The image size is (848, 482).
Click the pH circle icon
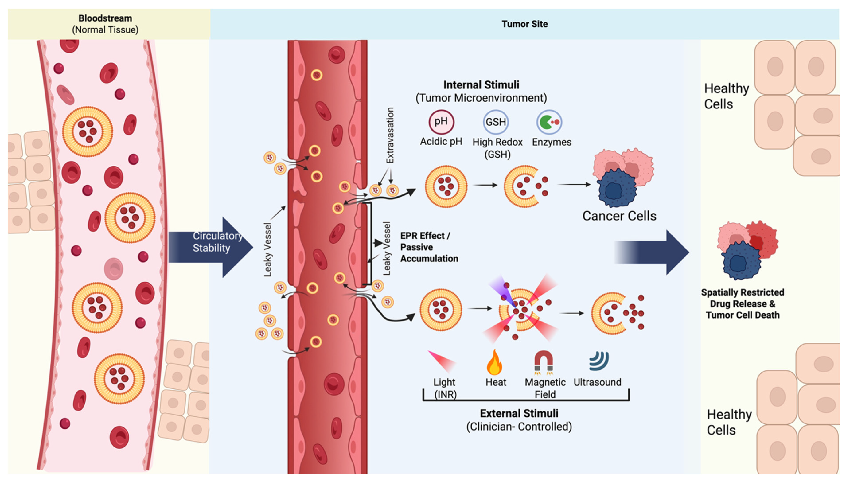(441, 122)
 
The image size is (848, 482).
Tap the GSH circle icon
(496, 122)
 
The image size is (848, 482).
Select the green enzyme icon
(550, 122)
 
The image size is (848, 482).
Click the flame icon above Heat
(495, 362)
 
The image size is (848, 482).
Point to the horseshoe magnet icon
(544, 362)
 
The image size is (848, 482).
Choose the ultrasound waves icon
(599, 361)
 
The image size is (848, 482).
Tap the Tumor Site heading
(524, 24)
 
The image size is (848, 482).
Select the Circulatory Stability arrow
(211, 247)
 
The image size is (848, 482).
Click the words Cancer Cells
(619, 216)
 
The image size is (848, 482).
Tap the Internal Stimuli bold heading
(481, 85)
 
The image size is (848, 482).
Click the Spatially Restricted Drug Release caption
(743, 304)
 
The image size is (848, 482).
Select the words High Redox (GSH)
(497, 148)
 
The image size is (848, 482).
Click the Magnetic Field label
(545, 388)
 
